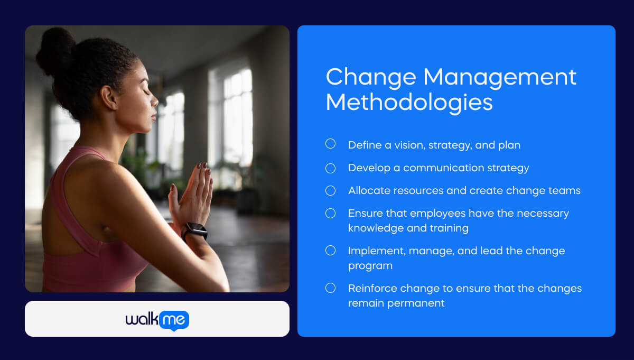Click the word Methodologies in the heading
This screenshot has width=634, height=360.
click(x=409, y=102)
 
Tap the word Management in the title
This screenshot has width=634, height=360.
click(x=500, y=77)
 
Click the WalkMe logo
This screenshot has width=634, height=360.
click(x=157, y=319)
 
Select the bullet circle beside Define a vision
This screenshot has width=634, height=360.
click(x=330, y=144)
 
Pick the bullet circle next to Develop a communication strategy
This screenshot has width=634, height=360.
click(x=330, y=168)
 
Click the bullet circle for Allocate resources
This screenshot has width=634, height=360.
click(x=330, y=190)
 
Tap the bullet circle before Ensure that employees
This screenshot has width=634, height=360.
click(x=330, y=213)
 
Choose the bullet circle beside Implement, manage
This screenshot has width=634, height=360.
click(x=330, y=250)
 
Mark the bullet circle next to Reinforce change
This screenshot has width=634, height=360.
click(x=330, y=288)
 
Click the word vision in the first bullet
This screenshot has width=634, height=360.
click(x=409, y=145)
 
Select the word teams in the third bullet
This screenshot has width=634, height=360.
click(x=565, y=190)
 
